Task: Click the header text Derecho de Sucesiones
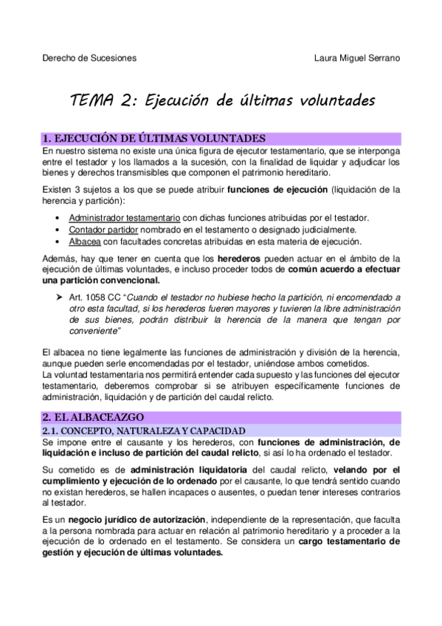tap(89, 58)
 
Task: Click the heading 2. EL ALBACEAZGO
tap(93, 418)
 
